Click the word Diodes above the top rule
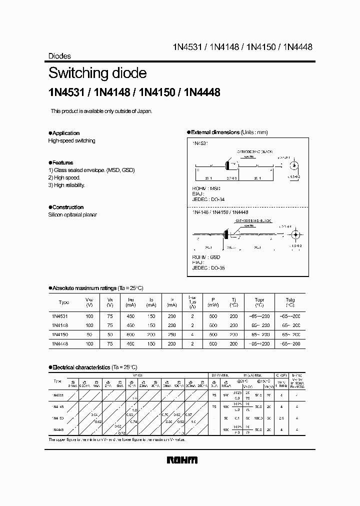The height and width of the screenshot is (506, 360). pos(59,56)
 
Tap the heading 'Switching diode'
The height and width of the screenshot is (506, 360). pos(97,73)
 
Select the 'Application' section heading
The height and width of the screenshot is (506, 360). pos(65,133)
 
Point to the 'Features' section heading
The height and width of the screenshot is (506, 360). pos(62,162)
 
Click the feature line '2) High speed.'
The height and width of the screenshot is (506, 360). pos(64,177)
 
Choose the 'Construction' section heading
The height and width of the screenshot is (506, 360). pos(67,207)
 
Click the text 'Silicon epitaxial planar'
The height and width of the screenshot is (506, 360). pos(72,214)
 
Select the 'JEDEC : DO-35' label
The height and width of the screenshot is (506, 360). pos(208,268)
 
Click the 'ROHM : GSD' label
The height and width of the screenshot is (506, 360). pos(206,256)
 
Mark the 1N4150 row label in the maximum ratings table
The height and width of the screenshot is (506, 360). pos(60,334)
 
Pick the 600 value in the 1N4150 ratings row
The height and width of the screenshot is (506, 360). pos(131,334)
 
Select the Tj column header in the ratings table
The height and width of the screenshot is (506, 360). pos(233,299)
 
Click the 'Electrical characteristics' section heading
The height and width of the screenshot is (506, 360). pos(81,367)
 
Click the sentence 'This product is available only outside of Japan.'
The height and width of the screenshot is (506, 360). pos(101,111)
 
